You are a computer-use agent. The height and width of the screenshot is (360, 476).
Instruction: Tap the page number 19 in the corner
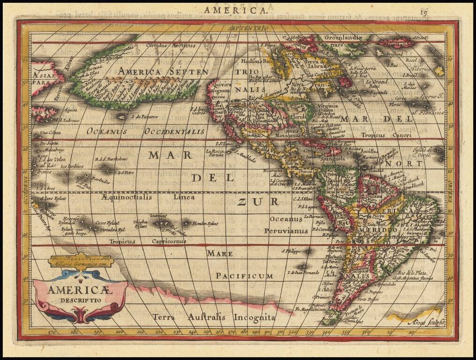tap(423, 11)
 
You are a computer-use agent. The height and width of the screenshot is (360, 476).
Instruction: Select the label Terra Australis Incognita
tap(214, 317)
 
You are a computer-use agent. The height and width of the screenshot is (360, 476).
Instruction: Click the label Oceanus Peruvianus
tap(286, 225)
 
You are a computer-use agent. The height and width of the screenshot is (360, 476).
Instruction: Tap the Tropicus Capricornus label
tap(148, 241)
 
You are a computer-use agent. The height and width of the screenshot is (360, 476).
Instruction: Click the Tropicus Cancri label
tap(386, 135)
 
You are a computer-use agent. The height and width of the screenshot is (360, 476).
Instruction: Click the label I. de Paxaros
tap(143, 116)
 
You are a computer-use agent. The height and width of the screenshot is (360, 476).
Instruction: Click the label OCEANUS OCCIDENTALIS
tap(145, 132)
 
